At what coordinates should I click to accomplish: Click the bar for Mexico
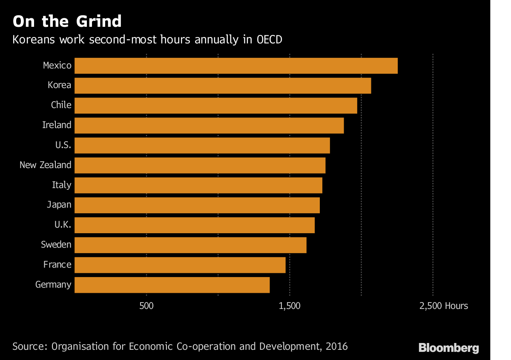tap(236, 66)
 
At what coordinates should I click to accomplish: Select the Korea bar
tap(223, 86)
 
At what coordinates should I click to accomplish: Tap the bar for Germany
tap(172, 285)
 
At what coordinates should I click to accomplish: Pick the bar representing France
tap(180, 265)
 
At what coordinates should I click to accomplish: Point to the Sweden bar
tap(190, 245)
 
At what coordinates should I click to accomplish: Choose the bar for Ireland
tap(209, 125)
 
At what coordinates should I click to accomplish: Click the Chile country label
tap(61, 105)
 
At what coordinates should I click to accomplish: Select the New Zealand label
tap(45, 165)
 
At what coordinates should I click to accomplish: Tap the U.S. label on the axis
tap(63, 145)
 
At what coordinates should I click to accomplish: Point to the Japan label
tap(59, 205)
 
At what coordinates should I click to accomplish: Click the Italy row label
tap(61, 185)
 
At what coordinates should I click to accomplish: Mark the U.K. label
tap(63, 224)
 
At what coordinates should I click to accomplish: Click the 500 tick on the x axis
tap(146, 306)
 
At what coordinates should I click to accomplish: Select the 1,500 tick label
tap(290, 306)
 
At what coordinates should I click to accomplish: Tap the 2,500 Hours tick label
tap(443, 306)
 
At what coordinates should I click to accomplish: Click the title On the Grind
tap(67, 21)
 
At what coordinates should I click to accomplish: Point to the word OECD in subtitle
tap(270, 40)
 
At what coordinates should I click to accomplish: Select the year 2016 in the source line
tap(336, 346)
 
